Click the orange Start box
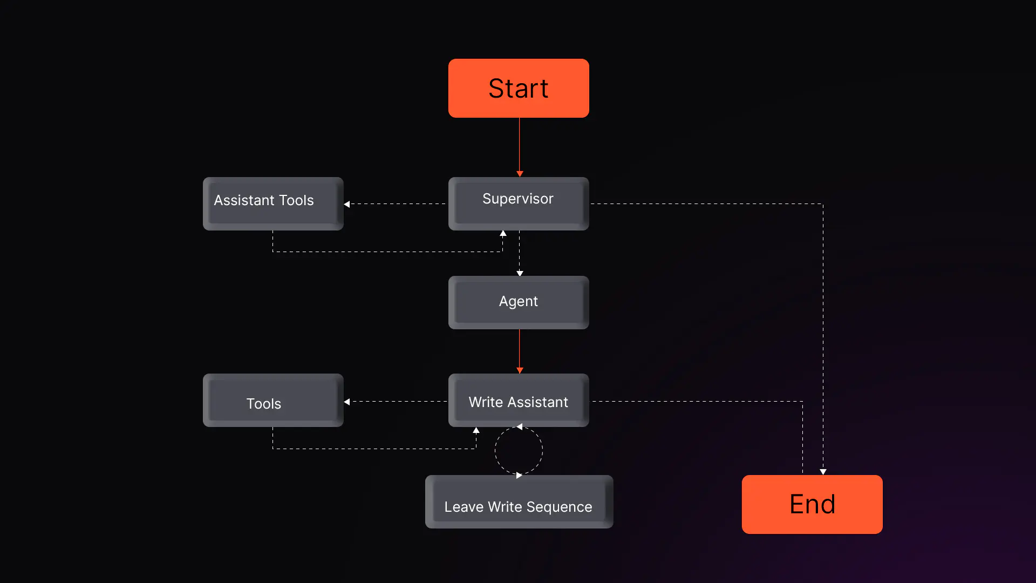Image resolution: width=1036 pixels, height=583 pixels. point(519,88)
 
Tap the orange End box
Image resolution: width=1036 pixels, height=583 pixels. point(812,504)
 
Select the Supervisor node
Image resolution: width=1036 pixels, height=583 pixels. point(519,203)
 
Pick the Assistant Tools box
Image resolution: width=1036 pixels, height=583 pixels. point(273,203)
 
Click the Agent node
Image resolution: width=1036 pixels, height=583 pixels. point(519,302)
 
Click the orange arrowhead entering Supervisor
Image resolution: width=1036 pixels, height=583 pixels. point(520,174)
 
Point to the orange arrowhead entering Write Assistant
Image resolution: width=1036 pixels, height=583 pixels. point(520,370)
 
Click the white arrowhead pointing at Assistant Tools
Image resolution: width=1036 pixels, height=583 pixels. point(347,204)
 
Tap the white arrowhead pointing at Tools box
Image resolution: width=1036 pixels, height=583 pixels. point(347,402)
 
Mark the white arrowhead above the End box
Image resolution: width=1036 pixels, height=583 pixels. point(823,472)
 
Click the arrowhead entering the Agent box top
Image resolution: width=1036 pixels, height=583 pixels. point(520,273)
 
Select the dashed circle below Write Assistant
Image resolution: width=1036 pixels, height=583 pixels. point(519,451)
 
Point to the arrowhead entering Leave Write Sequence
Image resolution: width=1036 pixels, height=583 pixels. point(519,475)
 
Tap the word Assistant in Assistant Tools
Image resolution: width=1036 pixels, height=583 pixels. point(244,200)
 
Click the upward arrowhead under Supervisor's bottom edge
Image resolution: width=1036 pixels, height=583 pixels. point(503,234)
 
